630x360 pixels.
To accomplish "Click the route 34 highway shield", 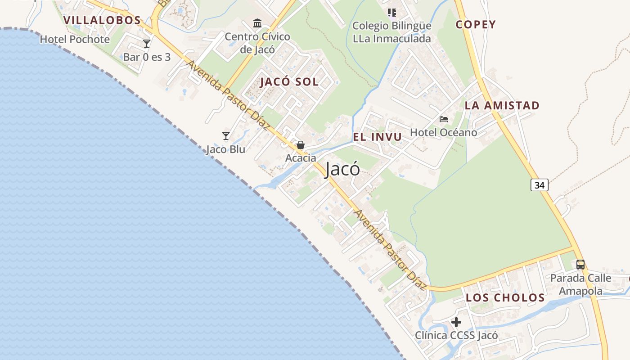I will (x=540, y=184).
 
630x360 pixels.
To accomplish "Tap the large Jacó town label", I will (x=342, y=169).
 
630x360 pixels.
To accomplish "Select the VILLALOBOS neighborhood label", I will (x=102, y=20).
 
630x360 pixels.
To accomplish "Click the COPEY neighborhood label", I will (x=476, y=24).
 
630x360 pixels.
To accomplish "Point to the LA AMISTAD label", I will (x=502, y=105).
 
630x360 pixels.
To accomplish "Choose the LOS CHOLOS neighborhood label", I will (x=505, y=297).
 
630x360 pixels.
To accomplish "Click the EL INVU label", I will (x=377, y=137).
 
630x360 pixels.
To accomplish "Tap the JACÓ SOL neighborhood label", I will (x=289, y=81).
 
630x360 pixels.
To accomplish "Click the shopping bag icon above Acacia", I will (x=300, y=145).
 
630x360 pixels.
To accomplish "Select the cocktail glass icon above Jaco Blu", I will (x=226, y=135).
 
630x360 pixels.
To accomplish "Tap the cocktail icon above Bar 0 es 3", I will (x=147, y=44).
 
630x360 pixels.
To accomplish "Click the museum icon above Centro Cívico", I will (x=257, y=23).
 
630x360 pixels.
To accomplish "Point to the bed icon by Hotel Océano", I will (x=444, y=119).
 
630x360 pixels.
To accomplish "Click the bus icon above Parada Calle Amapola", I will (x=580, y=264).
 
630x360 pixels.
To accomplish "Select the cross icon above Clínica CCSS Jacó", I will (x=456, y=322).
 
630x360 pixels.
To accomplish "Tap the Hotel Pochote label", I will (x=75, y=39).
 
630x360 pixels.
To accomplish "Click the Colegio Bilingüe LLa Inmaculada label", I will (x=391, y=32).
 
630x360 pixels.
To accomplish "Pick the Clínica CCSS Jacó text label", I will (x=456, y=335).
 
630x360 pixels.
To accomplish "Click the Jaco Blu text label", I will (x=225, y=149).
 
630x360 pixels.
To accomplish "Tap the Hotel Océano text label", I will (x=443, y=132).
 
